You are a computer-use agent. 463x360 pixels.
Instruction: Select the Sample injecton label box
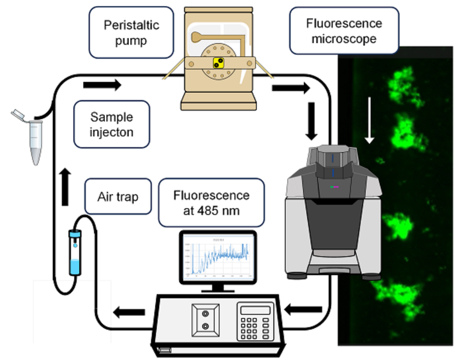[x=112, y=124]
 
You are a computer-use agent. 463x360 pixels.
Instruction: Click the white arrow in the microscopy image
[x=370, y=130]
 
